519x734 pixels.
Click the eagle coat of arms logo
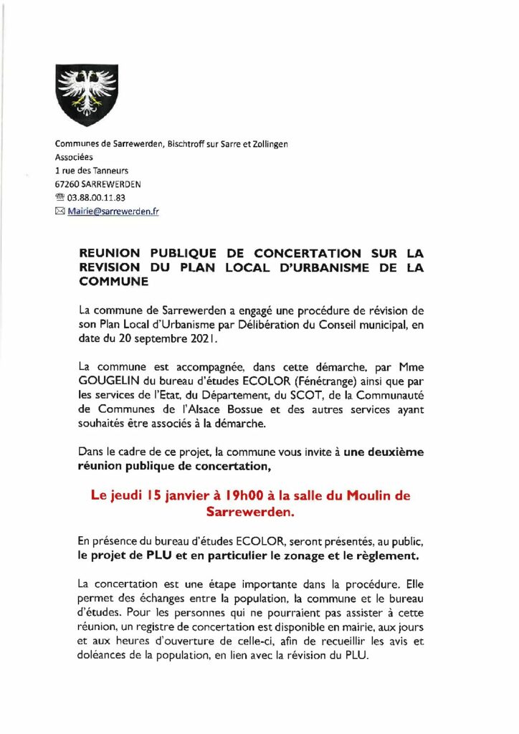click(x=86, y=95)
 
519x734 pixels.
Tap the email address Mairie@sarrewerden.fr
click(x=113, y=211)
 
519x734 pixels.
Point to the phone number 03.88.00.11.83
click(x=95, y=197)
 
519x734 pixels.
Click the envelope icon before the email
click(x=60, y=211)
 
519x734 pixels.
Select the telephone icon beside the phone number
click(x=60, y=197)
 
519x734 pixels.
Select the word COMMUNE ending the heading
click(x=113, y=282)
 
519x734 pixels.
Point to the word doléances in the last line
click(x=106, y=652)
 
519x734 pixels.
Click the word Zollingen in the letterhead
click(x=267, y=145)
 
